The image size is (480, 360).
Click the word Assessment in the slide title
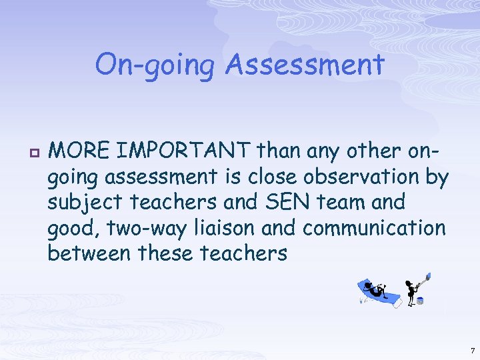(305, 65)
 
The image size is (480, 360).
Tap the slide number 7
(472, 350)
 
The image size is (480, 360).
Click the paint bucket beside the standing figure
(419, 301)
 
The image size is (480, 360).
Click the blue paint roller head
(427, 275)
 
